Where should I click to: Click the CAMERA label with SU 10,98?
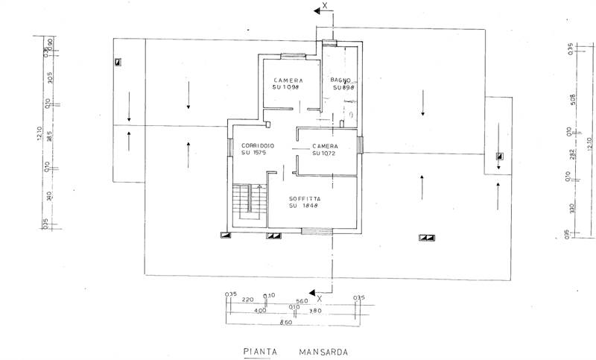pyautogui.click(x=287, y=80)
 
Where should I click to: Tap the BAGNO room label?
pyautogui.click(x=340, y=80)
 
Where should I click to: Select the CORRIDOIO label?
pyautogui.click(x=258, y=145)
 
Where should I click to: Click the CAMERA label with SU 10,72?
pyautogui.click(x=325, y=146)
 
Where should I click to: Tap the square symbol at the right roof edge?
pyautogui.click(x=499, y=156)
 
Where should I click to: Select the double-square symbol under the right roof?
pyautogui.click(x=426, y=237)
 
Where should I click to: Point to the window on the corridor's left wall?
pyautogui.click(x=228, y=150)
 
